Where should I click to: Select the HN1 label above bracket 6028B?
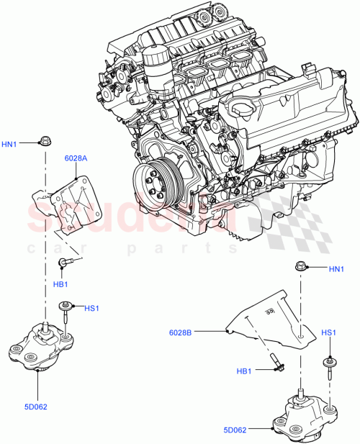[336, 269]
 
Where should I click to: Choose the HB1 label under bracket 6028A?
[61, 284]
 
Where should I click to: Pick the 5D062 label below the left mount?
[35, 406]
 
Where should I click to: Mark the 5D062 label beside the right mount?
[235, 431]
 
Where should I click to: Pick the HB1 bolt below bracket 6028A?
[65, 263]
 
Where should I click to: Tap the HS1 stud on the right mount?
[330, 367]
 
